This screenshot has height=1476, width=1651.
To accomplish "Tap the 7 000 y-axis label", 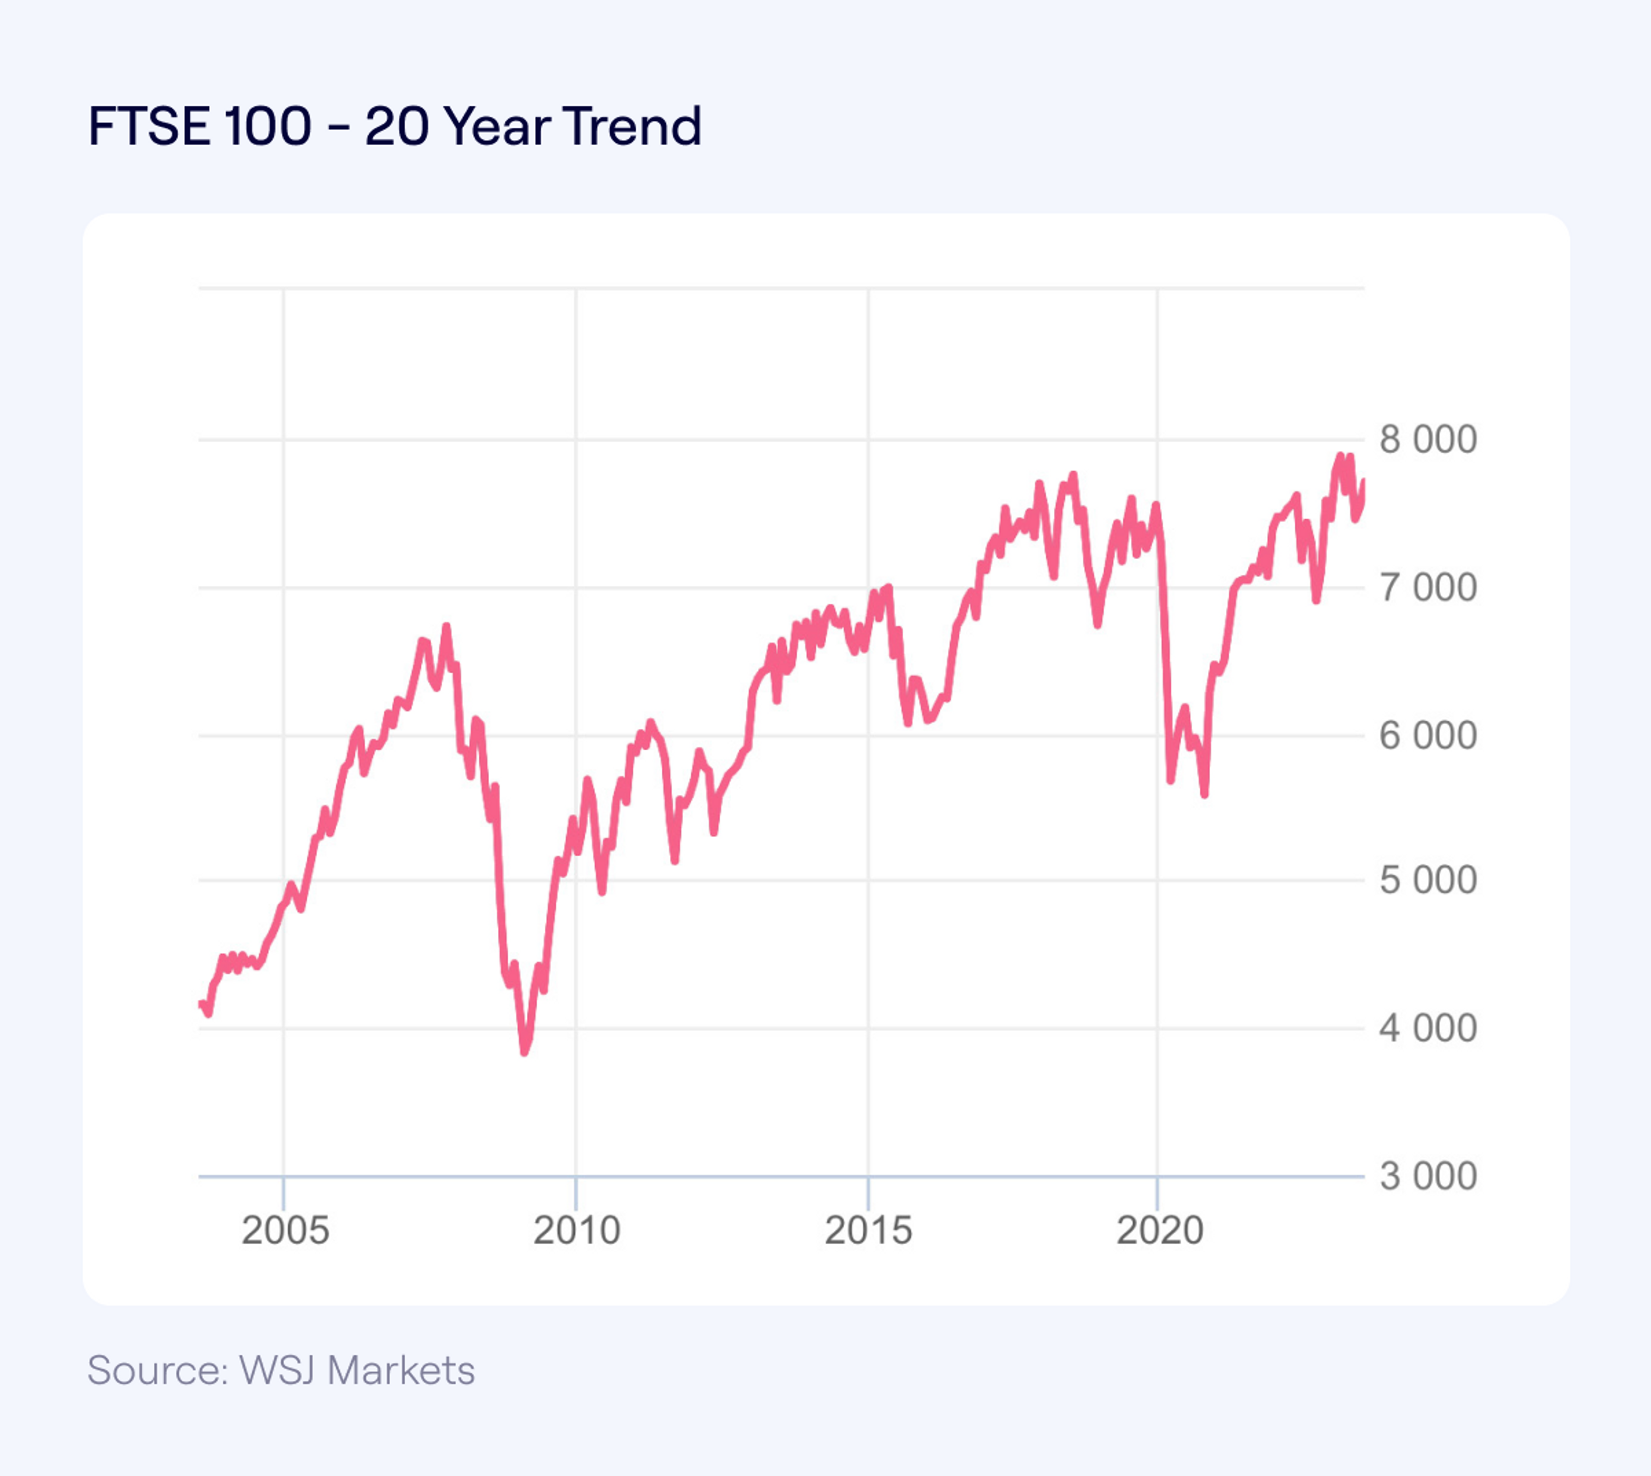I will (x=1428, y=588).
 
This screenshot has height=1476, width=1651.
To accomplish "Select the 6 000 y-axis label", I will (x=1428, y=736).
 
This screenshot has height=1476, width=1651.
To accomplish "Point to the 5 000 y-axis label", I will (x=1428, y=881).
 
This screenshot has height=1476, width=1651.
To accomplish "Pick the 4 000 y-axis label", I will (x=1428, y=1028).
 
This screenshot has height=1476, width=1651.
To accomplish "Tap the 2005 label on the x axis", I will (x=285, y=1230).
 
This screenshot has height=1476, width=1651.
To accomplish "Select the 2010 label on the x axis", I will (x=576, y=1230).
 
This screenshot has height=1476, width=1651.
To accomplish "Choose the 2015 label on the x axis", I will (x=868, y=1230).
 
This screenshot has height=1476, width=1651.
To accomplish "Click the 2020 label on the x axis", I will (x=1159, y=1230).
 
